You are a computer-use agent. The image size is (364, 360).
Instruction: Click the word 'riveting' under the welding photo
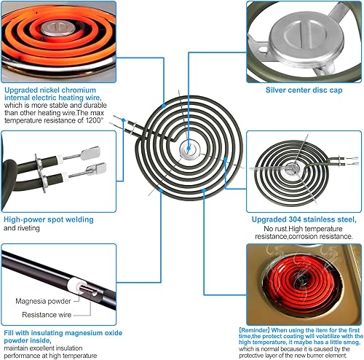(x=29, y=227)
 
